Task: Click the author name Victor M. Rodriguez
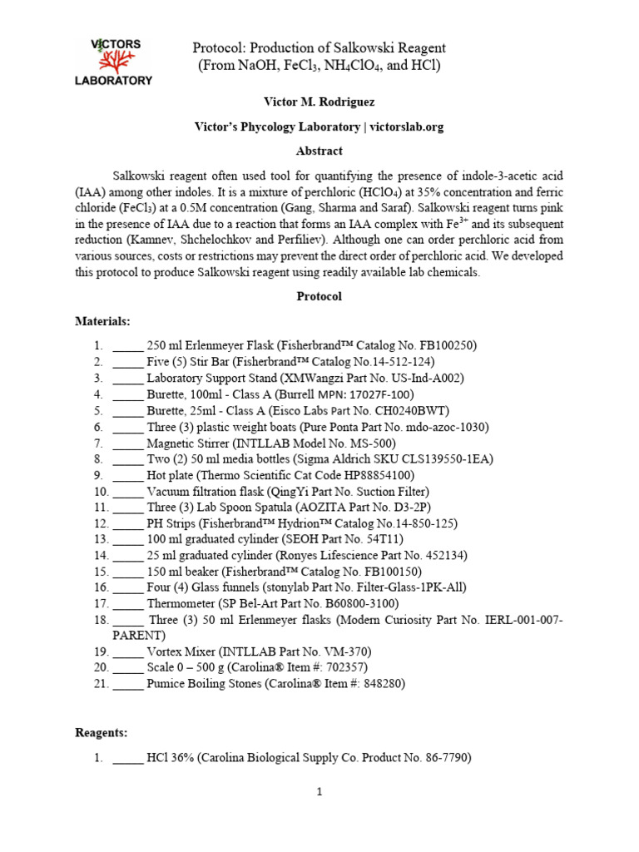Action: coord(319,103)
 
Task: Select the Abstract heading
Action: coord(319,151)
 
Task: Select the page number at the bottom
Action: coord(319,792)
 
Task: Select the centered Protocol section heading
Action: coord(319,296)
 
